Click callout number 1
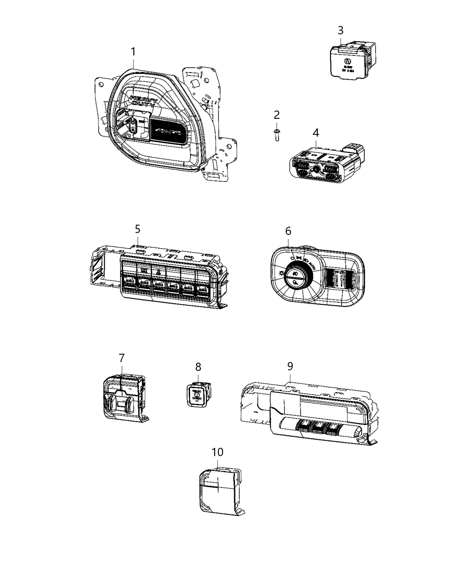[x=133, y=52]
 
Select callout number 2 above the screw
[x=276, y=115]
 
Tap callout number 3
[x=341, y=30]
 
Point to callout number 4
[x=316, y=132]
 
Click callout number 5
[x=137, y=229]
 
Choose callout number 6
[x=288, y=231]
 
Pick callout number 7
[x=121, y=358]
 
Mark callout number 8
[x=198, y=366]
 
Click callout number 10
[x=217, y=452]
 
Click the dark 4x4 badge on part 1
[x=169, y=132]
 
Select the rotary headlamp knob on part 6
[x=297, y=275]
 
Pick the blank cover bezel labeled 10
[x=219, y=488]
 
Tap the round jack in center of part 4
[x=316, y=169]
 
